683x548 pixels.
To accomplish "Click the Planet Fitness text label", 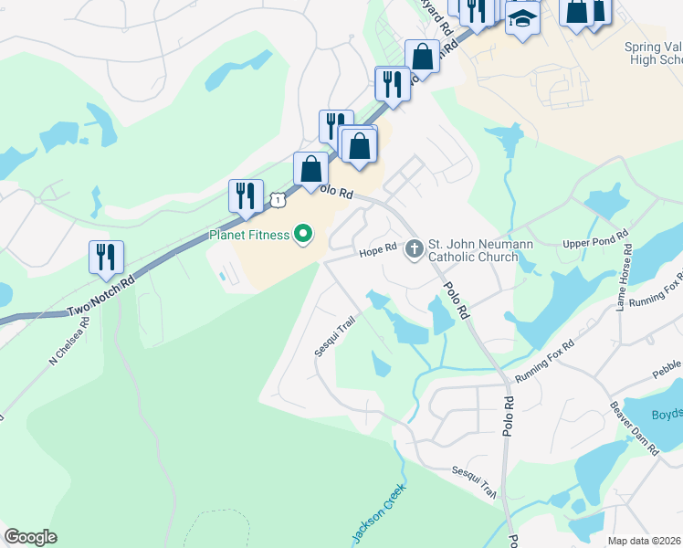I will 248,235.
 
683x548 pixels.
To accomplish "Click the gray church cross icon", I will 414,247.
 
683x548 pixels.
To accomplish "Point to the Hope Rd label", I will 377,248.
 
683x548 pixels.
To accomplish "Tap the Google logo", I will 30,536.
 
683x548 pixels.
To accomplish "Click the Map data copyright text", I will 645,541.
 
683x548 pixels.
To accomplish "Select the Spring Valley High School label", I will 653,53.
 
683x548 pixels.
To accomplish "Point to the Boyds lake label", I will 667,414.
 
